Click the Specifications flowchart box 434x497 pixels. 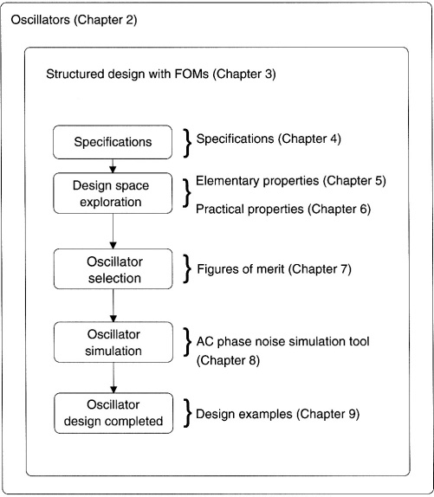pyautogui.click(x=113, y=142)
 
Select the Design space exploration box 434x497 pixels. pyautogui.click(x=113, y=193)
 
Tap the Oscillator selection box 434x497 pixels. pyautogui.click(x=113, y=269)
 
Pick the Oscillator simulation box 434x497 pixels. pyautogui.click(x=113, y=342)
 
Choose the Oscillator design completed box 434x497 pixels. pyautogui.click(x=113, y=413)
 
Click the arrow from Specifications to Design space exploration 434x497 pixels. pyautogui.click(x=113, y=165)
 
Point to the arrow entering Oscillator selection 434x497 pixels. pyautogui.click(x=113, y=231)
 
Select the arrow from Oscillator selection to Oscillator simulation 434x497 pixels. pyautogui.click(x=113, y=306)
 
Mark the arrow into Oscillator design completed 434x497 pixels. pyautogui.click(x=113, y=378)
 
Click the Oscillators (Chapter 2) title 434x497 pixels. pyautogui.click(x=74, y=20)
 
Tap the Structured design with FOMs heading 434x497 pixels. pyautogui.click(x=161, y=74)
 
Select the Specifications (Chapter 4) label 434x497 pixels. pyautogui.click(x=269, y=139)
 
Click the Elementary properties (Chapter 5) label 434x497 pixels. pyautogui.click(x=291, y=181)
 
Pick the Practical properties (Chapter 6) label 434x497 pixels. pyautogui.click(x=283, y=210)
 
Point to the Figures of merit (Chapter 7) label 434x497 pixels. pyautogui.click(x=275, y=269)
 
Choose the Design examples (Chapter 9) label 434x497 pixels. pyautogui.click(x=278, y=414)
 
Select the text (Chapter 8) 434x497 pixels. pyautogui.click(x=228, y=361)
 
